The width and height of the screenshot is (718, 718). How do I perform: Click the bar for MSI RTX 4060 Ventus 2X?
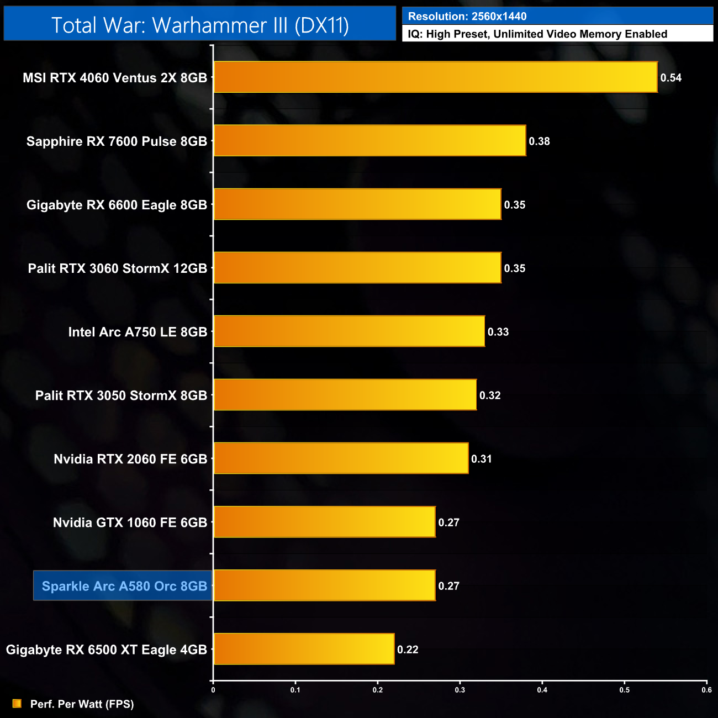(435, 77)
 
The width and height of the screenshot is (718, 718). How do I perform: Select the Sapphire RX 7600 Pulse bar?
(369, 141)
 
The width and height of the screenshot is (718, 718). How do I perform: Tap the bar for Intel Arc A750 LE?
(349, 331)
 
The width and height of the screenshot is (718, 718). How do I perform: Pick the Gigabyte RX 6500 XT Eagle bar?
(304, 649)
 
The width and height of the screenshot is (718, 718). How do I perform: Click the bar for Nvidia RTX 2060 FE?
(341, 458)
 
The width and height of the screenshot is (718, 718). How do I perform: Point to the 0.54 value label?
(671, 78)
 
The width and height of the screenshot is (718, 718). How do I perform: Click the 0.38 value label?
(539, 141)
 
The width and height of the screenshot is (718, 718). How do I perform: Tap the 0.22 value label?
(408, 650)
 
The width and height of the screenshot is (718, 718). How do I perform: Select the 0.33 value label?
(498, 332)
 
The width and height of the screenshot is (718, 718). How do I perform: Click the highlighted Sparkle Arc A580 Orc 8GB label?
(124, 586)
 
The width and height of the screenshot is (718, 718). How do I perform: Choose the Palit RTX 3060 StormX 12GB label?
(117, 268)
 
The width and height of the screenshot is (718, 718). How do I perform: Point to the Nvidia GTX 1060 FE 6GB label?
(130, 522)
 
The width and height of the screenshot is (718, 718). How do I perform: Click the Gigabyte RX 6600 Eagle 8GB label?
(117, 205)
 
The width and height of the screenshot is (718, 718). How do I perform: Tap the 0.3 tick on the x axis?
(460, 690)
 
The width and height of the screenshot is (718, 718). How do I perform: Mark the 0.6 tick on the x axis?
(706, 690)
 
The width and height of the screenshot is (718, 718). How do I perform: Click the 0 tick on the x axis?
(213, 690)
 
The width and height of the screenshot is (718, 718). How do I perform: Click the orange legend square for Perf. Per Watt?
(17, 704)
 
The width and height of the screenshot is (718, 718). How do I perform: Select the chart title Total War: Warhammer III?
(200, 25)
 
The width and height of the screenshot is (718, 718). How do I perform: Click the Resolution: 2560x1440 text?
(467, 17)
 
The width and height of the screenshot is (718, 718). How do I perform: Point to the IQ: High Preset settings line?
(537, 34)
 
